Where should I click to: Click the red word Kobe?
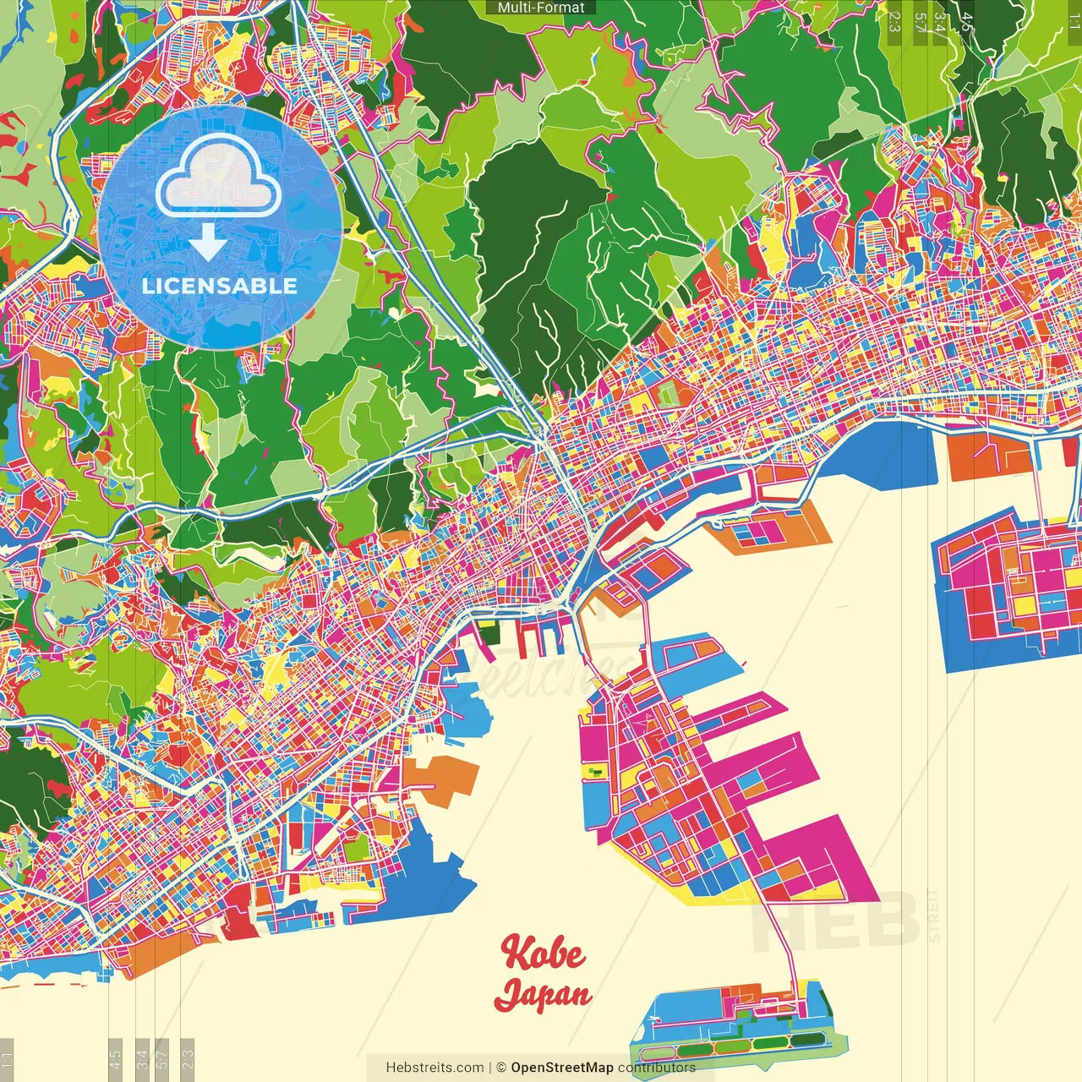click(x=542, y=953)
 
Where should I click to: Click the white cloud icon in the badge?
click(x=218, y=177)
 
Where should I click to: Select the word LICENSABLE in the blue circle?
click(x=220, y=286)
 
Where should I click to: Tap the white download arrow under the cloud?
click(x=206, y=244)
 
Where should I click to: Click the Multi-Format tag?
click(x=541, y=8)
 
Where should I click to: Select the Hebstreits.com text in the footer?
click(x=434, y=1068)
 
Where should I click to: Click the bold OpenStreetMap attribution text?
click(x=561, y=1068)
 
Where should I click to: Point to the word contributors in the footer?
click(x=656, y=1068)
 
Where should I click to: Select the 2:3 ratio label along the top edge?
click(x=894, y=21)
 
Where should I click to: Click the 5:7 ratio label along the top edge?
click(x=919, y=21)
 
